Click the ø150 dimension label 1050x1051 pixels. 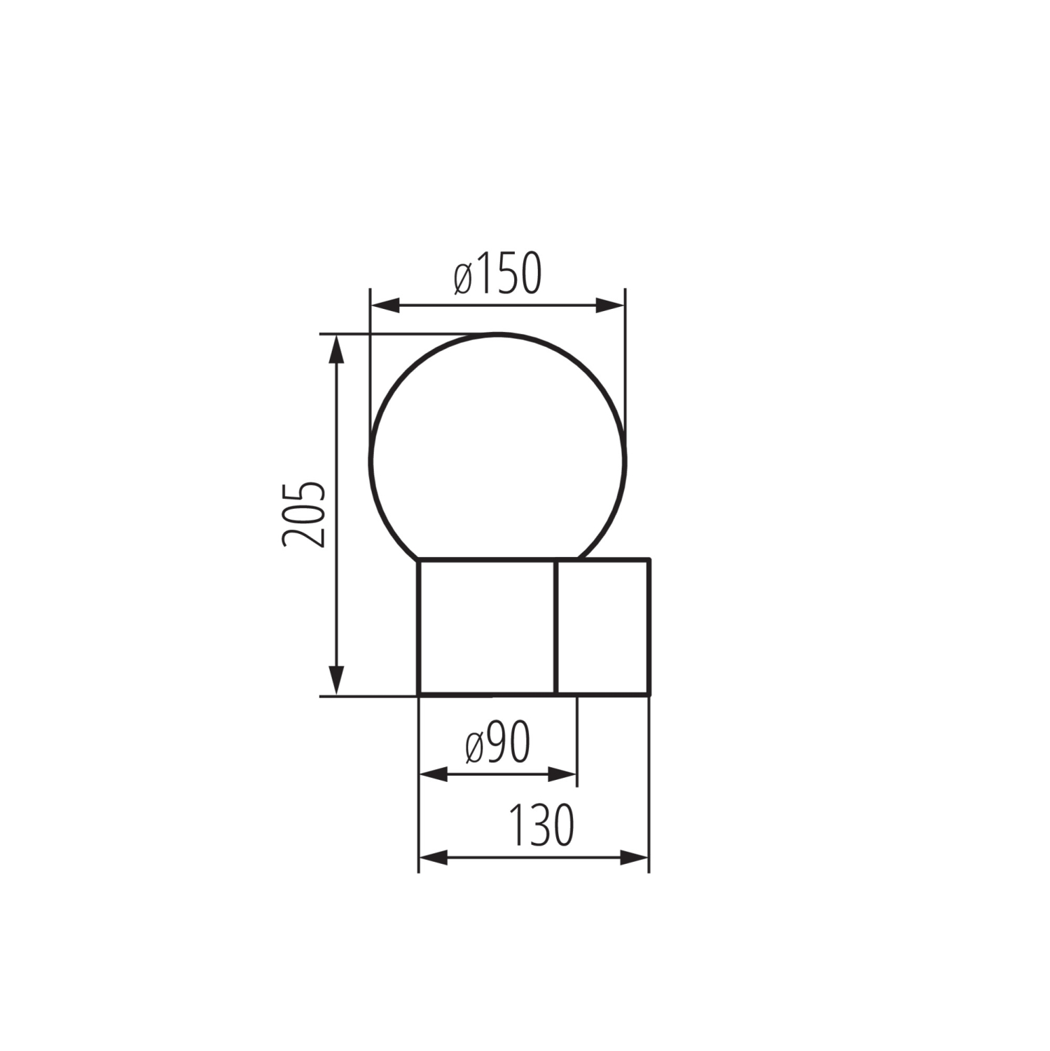pos(498,274)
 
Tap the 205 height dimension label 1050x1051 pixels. pos(304,514)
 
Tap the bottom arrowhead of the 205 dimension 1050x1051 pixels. pos(337,680)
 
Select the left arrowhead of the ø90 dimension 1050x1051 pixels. pos(433,774)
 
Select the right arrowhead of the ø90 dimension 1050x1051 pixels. pos(562,774)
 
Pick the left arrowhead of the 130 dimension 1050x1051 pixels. pos(433,857)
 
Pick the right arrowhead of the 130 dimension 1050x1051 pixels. pos(635,857)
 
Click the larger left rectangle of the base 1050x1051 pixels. pos(487,626)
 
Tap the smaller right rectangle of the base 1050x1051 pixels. pos(602,626)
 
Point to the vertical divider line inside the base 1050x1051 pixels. pos(555,626)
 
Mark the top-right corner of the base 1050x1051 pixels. pos(649,559)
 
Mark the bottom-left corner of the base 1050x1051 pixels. pos(419,694)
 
